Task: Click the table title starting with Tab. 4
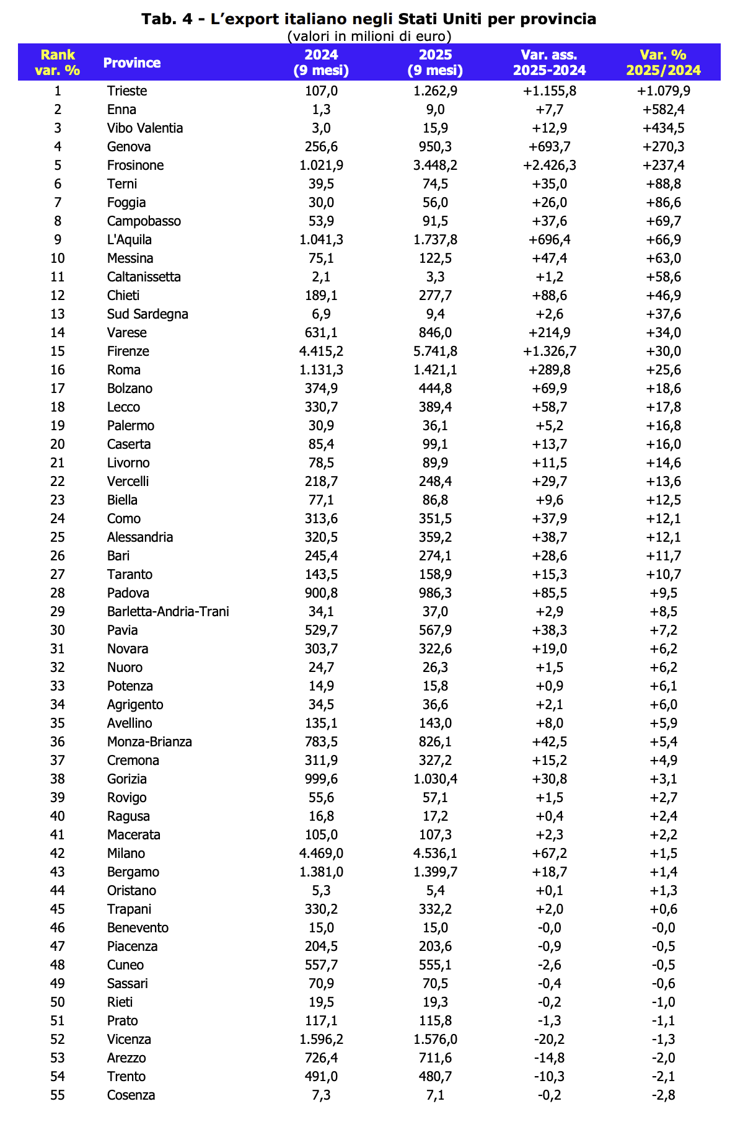tap(369, 19)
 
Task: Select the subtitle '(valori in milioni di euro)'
tap(369, 36)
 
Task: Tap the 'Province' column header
tap(131, 63)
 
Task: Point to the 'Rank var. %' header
tap(58, 63)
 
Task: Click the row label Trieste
tap(127, 91)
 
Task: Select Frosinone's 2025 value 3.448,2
tap(435, 166)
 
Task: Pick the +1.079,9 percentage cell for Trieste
tap(663, 91)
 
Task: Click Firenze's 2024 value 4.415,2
tap(321, 351)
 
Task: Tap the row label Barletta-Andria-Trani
tap(168, 612)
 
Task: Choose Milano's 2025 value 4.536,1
tap(435, 854)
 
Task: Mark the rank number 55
tap(58, 1095)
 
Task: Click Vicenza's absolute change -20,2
tap(549, 1040)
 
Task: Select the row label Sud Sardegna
tap(147, 314)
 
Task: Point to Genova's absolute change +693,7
tap(549, 147)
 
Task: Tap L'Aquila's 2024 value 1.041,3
tap(321, 240)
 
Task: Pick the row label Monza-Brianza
tap(149, 742)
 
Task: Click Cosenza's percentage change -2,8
tap(663, 1095)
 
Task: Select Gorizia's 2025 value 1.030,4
tap(435, 779)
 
